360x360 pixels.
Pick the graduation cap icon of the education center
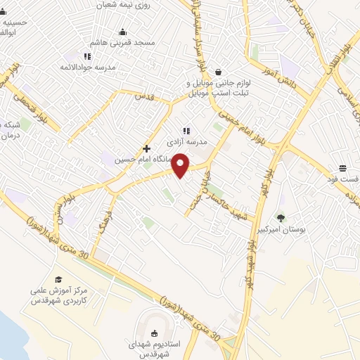tap(58, 279)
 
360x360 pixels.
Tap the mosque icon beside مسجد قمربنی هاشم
tap(124, 31)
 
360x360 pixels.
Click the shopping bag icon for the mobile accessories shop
tap(218, 72)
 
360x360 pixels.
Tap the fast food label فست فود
tap(345, 179)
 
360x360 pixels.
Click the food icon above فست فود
tap(342, 168)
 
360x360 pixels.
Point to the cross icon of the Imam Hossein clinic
tap(146, 148)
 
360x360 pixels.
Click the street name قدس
tap(144, 95)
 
